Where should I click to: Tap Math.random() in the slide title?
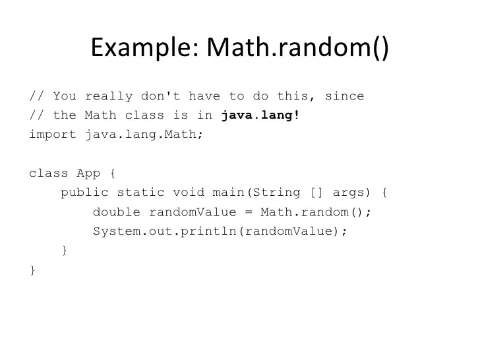(x=297, y=47)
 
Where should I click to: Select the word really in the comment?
(x=108, y=96)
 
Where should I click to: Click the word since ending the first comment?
(x=345, y=96)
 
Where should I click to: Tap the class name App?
(x=88, y=173)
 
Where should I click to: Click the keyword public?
(x=84, y=193)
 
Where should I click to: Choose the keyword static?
(x=140, y=193)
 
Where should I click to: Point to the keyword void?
(x=189, y=193)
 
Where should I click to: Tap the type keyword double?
(x=117, y=212)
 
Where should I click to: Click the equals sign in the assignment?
(x=249, y=212)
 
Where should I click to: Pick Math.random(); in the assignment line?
(x=316, y=212)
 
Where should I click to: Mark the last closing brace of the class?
(x=32, y=270)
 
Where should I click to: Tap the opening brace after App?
(x=113, y=173)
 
